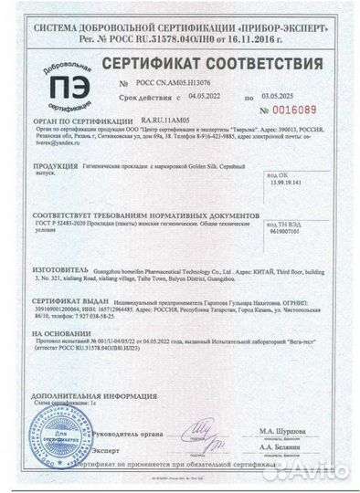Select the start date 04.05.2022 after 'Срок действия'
pyautogui.click(x=206, y=94)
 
